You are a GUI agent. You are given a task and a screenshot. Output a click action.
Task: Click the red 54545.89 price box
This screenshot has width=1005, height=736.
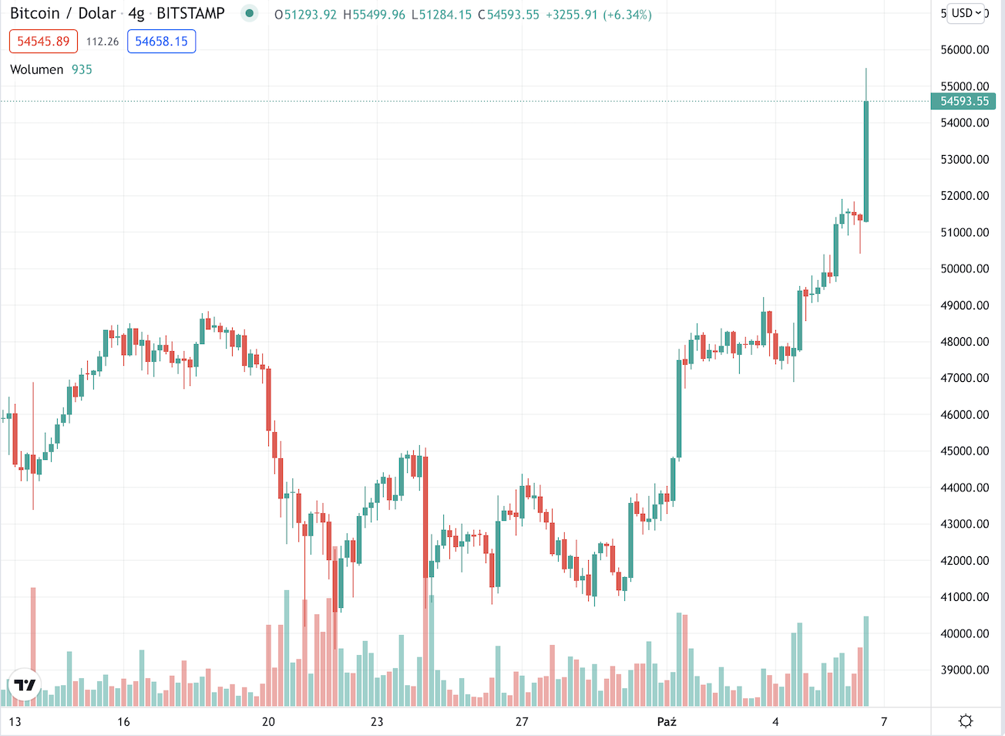(43, 42)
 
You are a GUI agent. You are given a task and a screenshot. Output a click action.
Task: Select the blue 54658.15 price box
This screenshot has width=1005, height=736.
(161, 42)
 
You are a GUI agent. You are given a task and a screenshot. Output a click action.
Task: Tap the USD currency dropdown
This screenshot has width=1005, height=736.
(966, 13)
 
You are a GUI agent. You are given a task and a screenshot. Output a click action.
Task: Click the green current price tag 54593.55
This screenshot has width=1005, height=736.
(964, 101)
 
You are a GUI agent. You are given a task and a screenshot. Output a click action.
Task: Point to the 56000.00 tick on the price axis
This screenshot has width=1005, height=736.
(964, 50)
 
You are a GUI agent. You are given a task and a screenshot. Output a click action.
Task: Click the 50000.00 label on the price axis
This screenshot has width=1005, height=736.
(964, 269)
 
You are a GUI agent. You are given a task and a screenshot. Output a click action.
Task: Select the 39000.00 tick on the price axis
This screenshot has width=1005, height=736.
(964, 670)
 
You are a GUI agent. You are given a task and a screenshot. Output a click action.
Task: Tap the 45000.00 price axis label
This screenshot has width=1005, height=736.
(964, 451)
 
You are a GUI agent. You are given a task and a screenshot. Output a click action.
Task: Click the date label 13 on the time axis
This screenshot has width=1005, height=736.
(15, 722)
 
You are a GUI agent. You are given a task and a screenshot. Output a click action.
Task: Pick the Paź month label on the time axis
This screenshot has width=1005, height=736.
(667, 722)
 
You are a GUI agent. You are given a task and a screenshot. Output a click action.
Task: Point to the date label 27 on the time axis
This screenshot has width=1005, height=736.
(522, 722)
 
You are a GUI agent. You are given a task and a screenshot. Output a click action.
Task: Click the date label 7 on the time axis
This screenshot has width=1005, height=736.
(884, 722)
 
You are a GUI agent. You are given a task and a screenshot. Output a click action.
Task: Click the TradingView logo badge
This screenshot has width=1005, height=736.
(24, 685)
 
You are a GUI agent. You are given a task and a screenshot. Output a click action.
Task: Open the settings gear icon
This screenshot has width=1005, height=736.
(966, 721)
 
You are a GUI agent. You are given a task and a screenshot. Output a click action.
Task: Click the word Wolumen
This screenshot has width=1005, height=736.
(36, 69)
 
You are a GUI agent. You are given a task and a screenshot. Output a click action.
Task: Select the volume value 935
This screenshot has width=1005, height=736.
(82, 69)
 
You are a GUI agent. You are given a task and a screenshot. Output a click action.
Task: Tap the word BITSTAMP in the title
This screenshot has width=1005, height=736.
(190, 14)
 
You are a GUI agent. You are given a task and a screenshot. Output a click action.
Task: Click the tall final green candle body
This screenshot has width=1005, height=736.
(866, 162)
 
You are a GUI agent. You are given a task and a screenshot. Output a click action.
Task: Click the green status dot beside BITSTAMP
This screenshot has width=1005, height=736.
(249, 13)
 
